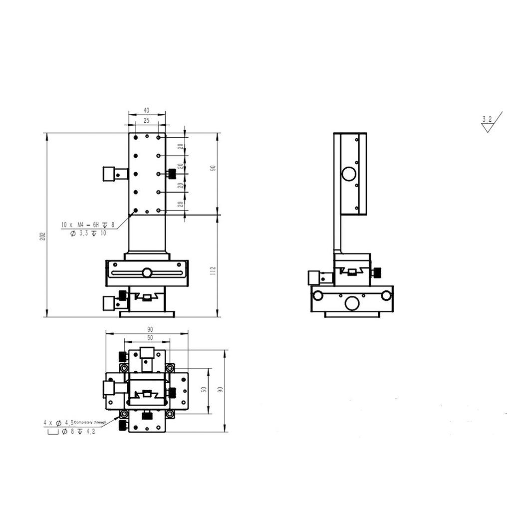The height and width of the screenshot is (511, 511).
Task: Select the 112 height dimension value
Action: (x=213, y=271)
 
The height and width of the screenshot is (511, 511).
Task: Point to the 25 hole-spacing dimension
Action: (x=146, y=120)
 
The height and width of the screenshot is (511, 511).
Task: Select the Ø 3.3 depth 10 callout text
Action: (x=86, y=233)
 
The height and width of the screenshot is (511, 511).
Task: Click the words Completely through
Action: (x=90, y=422)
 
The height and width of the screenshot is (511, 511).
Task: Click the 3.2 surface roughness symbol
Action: (x=487, y=119)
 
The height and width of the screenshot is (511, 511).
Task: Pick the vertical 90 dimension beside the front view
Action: (x=213, y=168)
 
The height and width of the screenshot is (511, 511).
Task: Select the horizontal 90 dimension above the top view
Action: (x=150, y=329)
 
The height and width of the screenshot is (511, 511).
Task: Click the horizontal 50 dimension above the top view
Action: (x=149, y=338)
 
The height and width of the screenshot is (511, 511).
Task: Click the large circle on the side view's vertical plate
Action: (x=349, y=174)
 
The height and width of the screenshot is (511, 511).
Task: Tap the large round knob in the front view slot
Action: (x=147, y=272)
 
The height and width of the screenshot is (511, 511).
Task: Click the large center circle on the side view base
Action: (x=352, y=302)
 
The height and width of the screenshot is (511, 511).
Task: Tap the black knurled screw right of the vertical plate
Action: (x=173, y=174)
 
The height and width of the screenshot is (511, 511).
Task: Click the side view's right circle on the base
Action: (x=386, y=295)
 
